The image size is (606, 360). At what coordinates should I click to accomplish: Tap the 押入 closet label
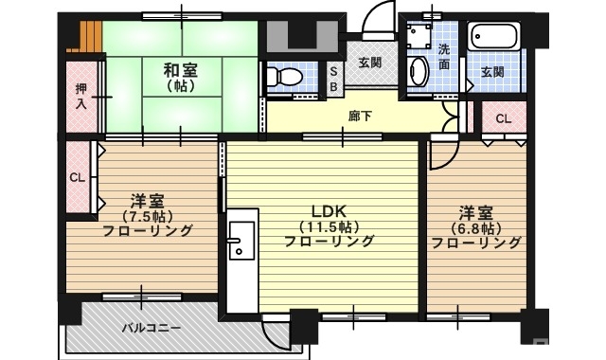click(x=81, y=96)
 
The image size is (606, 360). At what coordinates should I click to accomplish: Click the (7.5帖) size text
click(x=148, y=216)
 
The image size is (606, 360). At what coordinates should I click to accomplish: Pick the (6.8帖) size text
click(x=476, y=226)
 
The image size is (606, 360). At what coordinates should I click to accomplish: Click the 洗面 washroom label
click(x=444, y=57)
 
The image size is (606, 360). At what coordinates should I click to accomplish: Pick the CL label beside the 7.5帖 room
click(x=77, y=177)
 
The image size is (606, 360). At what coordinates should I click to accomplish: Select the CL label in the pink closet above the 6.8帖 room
click(x=503, y=119)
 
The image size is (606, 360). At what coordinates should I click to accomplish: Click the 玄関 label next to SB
click(x=369, y=63)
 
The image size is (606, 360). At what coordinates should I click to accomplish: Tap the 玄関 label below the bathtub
click(x=491, y=72)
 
